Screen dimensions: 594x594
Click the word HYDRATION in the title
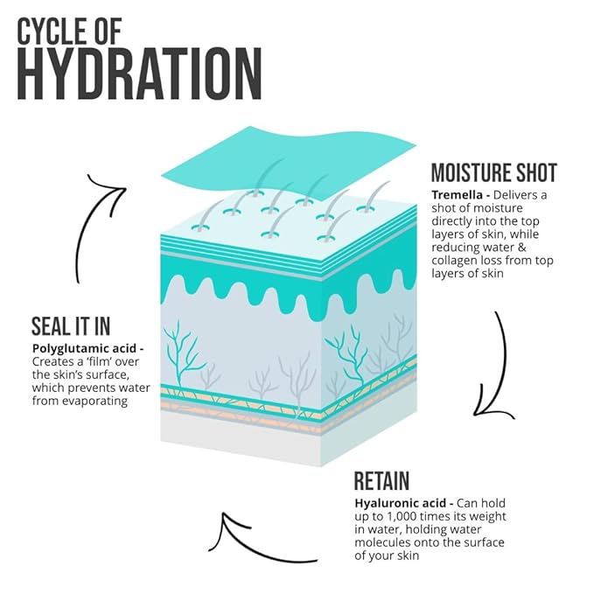(139, 73)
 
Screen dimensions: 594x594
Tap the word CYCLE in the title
(52, 31)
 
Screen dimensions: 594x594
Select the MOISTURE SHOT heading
(494, 172)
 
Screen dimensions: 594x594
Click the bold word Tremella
(457, 195)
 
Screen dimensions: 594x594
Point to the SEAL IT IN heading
(71, 326)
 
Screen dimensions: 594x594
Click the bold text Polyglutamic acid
(84, 349)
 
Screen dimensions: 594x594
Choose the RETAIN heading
(381, 481)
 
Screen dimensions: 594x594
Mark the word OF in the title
(108, 31)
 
